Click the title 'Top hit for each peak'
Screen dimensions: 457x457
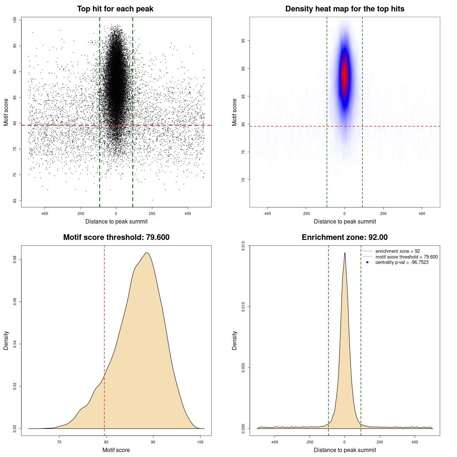tap(115, 9)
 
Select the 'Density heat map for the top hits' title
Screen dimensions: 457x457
tap(345, 9)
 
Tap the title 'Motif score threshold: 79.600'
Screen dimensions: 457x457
tap(116, 237)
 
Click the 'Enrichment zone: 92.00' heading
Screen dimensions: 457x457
tap(345, 237)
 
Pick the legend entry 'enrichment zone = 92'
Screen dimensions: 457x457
tap(397, 251)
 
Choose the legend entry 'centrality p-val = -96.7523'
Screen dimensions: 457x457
tap(402, 262)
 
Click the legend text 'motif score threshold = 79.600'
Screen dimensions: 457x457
tap(406, 257)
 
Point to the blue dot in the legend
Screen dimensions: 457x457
tap(367, 262)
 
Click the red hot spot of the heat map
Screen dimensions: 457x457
tap(345, 75)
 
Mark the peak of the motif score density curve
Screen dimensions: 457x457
tap(147, 253)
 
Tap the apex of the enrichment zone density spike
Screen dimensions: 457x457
tap(345, 253)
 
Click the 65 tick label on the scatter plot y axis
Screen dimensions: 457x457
tap(15, 201)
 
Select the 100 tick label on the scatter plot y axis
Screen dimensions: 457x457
tap(15, 20)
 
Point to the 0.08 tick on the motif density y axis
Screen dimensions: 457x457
tap(15, 260)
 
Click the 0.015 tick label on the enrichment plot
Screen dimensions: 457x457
tap(243, 246)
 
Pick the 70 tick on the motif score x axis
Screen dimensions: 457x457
tap(59, 442)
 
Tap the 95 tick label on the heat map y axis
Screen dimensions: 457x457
tap(243, 41)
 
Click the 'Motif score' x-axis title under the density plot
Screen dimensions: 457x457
tap(116, 450)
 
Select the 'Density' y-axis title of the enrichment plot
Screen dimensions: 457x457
tap(235, 340)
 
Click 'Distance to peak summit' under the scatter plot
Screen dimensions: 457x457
tap(116, 221)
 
